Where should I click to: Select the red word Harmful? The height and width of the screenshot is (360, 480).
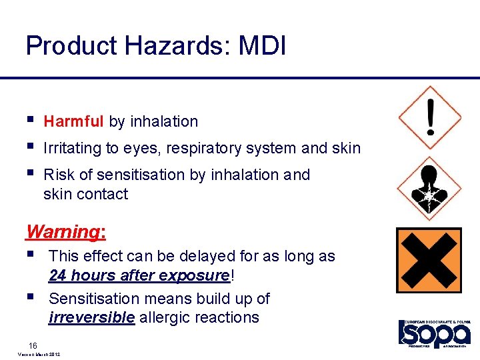click(x=73, y=121)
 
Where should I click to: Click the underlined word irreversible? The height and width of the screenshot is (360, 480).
click(x=91, y=317)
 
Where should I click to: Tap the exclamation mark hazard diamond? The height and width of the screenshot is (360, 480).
click(x=430, y=117)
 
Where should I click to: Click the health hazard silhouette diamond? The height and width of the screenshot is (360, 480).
click(x=430, y=188)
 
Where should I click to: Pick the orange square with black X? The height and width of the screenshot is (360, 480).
click(x=429, y=261)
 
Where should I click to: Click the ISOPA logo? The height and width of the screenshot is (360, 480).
click(x=435, y=333)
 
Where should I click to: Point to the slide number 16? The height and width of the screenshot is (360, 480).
click(x=33, y=345)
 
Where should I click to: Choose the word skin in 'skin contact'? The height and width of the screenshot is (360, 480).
click(x=57, y=194)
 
